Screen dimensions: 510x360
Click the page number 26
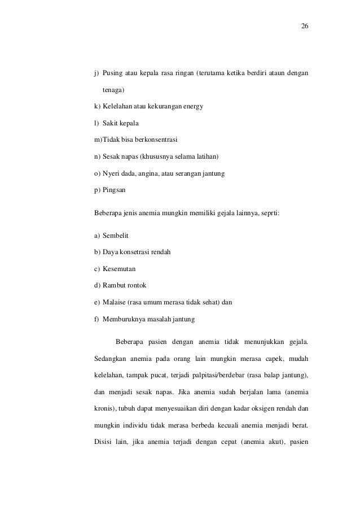305,27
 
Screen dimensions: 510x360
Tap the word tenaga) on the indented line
113,90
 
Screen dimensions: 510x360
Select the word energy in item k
191,106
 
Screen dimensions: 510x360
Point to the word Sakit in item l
111,123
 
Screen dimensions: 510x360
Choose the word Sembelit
115,234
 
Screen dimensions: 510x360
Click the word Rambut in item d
113,285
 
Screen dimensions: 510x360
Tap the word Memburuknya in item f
124,319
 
